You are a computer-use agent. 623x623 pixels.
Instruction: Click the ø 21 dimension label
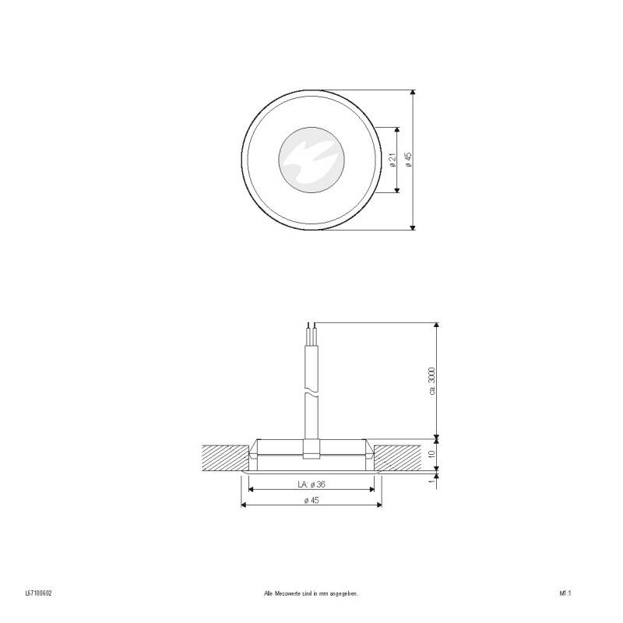pyautogui.click(x=392, y=160)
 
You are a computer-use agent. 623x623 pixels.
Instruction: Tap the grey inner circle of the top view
pyautogui.click(x=311, y=160)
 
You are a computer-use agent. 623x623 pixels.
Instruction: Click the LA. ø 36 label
pyautogui.click(x=311, y=484)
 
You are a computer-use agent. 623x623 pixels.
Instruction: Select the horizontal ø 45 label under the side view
pyautogui.click(x=311, y=500)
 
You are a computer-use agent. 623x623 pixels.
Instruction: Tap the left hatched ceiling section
pyautogui.click(x=224, y=457)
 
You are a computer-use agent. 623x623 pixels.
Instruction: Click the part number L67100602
pyautogui.click(x=38, y=593)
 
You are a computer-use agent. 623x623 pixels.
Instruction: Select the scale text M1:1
pyautogui.click(x=565, y=593)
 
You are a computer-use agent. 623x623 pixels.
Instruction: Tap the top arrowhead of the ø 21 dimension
pyautogui.click(x=399, y=131)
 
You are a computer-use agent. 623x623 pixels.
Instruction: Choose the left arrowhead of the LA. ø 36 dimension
pyautogui.click(x=251, y=490)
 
